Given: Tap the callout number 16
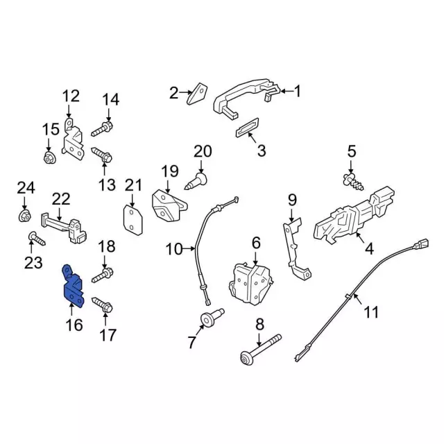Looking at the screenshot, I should click(x=74, y=324).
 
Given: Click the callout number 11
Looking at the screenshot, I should click(x=372, y=312).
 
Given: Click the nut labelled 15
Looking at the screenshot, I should click(x=49, y=160).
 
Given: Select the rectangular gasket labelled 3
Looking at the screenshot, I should click(x=246, y=129).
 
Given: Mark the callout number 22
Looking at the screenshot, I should click(x=61, y=199).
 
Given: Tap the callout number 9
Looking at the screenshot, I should click(x=292, y=201).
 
